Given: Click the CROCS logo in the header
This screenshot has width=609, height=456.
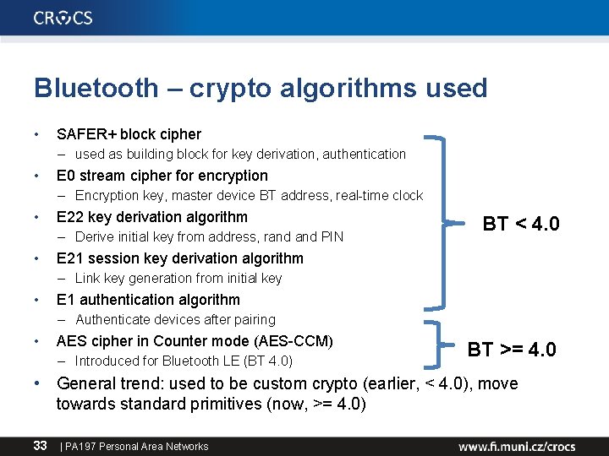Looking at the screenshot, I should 63,18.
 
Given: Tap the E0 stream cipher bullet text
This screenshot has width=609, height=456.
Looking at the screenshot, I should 162,176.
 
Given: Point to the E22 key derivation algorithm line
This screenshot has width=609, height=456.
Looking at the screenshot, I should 151,217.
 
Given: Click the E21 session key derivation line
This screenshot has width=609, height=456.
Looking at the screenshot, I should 179,258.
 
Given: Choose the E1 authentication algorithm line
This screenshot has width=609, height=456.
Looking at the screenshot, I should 148,300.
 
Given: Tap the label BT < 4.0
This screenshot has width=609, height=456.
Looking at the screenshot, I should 520,224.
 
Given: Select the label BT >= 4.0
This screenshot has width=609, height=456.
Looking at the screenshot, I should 512,349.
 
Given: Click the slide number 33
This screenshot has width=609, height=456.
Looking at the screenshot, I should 40,445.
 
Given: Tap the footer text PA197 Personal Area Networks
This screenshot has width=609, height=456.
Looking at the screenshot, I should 136,446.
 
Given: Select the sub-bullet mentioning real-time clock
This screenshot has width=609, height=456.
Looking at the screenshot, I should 249,196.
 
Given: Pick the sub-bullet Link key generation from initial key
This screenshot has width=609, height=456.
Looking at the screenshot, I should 178,279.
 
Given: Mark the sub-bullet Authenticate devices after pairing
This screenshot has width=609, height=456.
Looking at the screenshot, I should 175,320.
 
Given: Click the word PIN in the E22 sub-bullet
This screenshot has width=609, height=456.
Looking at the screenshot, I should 331,237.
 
